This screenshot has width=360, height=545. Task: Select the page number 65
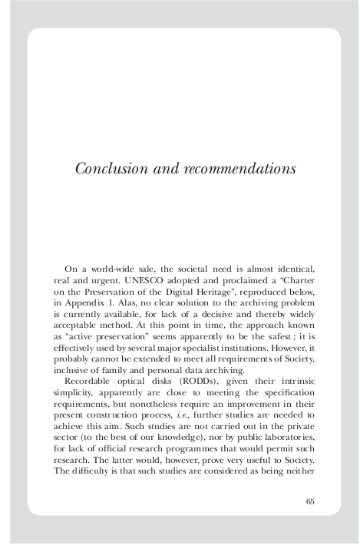[x=310, y=501]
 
